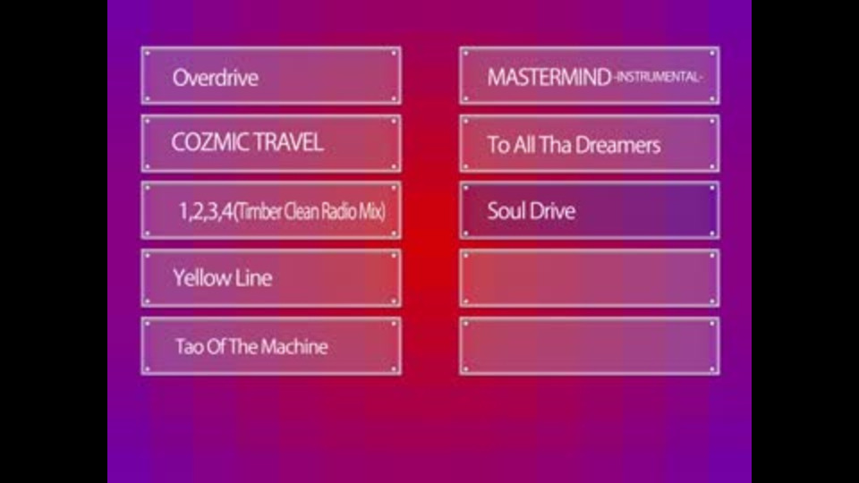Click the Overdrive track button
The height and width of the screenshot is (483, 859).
click(x=271, y=75)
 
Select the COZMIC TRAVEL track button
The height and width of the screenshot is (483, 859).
click(x=271, y=143)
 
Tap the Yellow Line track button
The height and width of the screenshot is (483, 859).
click(x=271, y=278)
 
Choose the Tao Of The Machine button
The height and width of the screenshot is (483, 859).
click(x=271, y=346)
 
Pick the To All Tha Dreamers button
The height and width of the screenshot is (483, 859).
click(x=590, y=143)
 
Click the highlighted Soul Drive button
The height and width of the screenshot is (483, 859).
click(x=590, y=211)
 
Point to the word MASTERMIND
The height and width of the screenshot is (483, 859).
click(x=549, y=77)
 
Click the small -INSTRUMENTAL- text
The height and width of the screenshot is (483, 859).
click(x=658, y=77)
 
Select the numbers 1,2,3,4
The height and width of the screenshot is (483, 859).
click(x=206, y=211)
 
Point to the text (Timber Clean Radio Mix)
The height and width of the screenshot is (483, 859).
click(x=310, y=211)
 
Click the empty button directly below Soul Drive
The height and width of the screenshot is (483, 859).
click(x=590, y=278)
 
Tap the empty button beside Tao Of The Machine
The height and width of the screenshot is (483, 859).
click(x=590, y=346)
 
